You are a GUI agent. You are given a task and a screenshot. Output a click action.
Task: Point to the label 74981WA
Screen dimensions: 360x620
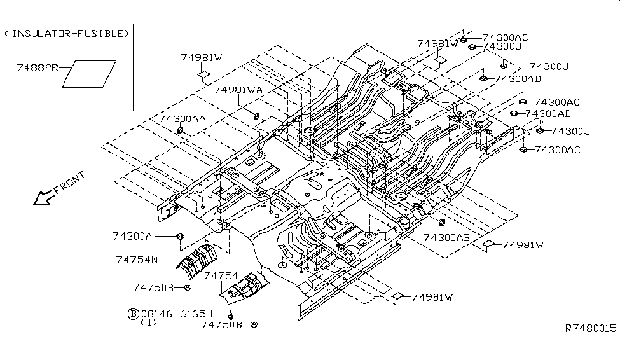(x=238, y=90)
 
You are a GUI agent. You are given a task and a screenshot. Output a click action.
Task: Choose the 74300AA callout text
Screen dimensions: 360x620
(x=182, y=119)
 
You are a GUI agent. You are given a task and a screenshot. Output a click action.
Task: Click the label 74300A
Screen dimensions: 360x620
(x=132, y=236)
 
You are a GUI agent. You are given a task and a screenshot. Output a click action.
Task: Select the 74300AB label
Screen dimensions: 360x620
(x=446, y=237)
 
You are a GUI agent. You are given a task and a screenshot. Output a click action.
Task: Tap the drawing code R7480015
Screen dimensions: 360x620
(x=591, y=328)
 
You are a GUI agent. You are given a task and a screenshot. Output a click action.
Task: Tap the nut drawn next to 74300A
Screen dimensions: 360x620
(x=179, y=237)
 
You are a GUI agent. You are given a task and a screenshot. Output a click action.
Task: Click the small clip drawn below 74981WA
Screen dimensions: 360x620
(x=258, y=115)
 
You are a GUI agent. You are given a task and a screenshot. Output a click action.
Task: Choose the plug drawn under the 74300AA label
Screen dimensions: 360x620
(x=181, y=131)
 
